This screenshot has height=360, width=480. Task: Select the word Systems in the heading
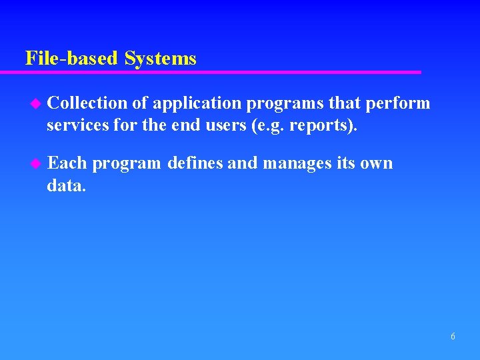point(160,59)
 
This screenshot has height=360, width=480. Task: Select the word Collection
point(87,103)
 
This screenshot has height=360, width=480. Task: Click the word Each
point(67,163)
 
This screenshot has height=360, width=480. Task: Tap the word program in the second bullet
point(127,164)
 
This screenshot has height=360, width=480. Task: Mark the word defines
point(196,163)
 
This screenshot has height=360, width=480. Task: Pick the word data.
point(66,185)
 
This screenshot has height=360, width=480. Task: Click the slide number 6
point(453,337)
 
